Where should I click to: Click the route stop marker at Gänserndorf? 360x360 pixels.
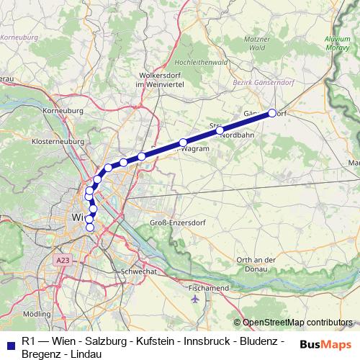[x=272, y=112]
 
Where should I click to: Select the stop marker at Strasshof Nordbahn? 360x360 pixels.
[x=220, y=130]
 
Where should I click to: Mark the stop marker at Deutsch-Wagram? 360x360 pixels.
[x=184, y=142]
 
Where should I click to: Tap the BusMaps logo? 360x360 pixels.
[x=325, y=343]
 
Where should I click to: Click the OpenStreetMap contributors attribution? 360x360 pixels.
[x=294, y=323]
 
